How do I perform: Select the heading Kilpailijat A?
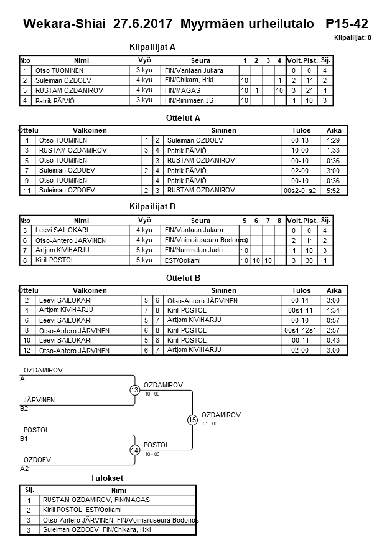tap(152, 47)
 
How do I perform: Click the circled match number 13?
tap(134, 391)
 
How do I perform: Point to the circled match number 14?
tap(134, 450)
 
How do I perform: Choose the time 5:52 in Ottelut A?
tap(334, 190)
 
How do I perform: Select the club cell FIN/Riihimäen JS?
tap(189, 100)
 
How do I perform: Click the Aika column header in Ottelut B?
tap(334, 290)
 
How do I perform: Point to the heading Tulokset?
tap(107, 478)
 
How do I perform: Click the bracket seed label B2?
tap(24, 409)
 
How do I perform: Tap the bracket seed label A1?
tap(24, 379)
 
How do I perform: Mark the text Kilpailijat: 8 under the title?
tap(353, 38)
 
